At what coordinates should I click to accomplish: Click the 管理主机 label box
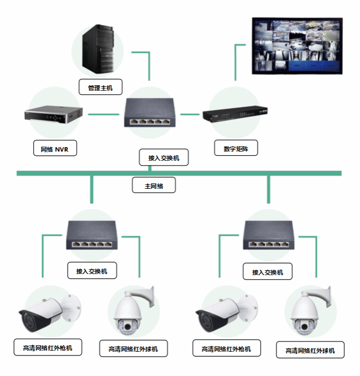[101, 87]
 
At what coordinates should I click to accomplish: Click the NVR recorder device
[53, 115]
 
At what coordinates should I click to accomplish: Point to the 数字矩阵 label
[236, 148]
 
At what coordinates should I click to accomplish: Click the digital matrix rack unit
[236, 114]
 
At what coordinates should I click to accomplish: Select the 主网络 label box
[154, 186]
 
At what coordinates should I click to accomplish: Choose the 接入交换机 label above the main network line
[164, 158]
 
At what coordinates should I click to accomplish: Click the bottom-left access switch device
[92, 236]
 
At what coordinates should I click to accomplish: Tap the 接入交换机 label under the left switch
[92, 271]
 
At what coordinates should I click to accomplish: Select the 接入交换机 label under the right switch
[267, 272]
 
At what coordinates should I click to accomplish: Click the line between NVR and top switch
[103, 114]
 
